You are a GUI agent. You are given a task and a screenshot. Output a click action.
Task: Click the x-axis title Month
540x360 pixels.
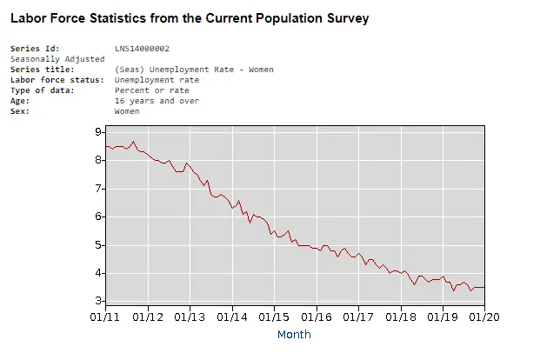click(294, 334)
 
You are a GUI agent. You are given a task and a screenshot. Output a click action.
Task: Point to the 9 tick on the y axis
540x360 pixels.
click(98, 131)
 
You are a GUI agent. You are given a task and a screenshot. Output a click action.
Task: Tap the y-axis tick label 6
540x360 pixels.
click(98, 217)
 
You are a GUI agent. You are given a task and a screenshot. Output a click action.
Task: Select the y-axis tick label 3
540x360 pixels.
click(98, 301)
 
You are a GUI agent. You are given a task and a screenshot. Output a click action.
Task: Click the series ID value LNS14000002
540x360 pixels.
click(142, 48)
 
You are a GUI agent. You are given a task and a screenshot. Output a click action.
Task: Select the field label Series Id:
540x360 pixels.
click(35, 48)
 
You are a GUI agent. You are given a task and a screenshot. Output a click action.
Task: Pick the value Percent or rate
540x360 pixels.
click(151, 90)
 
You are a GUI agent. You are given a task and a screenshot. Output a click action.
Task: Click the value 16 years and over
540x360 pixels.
click(157, 101)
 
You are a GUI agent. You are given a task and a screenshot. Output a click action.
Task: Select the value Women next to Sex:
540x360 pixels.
click(127, 111)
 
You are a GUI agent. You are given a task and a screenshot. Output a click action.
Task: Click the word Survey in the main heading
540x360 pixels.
click(343, 17)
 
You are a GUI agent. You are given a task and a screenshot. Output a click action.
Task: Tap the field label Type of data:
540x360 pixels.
click(40, 90)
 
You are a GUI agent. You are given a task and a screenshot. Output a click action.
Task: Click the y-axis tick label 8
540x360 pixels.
click(98, 160)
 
